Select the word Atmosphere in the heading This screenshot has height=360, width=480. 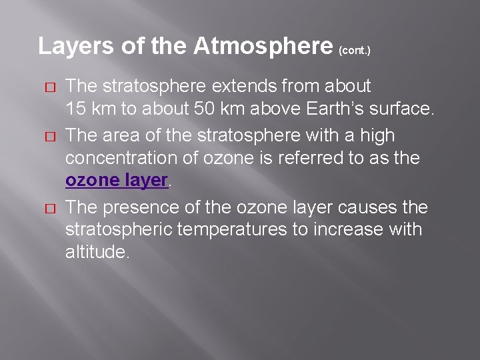tap(263, 46)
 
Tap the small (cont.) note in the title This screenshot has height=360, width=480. tap(355, 50)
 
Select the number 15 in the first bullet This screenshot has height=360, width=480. tap(75, 109)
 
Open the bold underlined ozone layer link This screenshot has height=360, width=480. tap(116, 181)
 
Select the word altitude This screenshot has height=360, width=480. tap(95, 253)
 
